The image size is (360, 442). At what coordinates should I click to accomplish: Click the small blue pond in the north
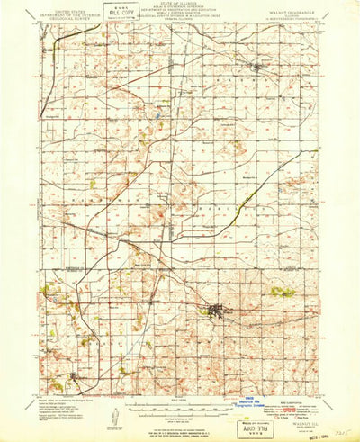click(159, 115)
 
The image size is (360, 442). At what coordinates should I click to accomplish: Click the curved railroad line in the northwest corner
click(67, 36)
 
